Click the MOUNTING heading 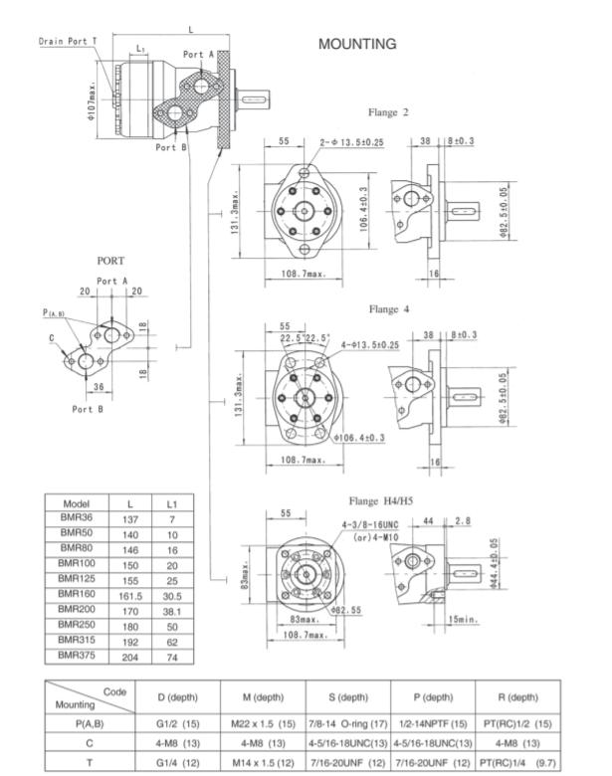[x=357, y=44]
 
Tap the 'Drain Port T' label [x=69, y=41]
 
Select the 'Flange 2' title [x=388, y=112]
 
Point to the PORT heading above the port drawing [x=110, y=260]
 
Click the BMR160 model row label [x=76, y=593]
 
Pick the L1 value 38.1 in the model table [x=171, y=609]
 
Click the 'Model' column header [x=76, y=504]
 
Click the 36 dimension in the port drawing [x=99, y=387]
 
